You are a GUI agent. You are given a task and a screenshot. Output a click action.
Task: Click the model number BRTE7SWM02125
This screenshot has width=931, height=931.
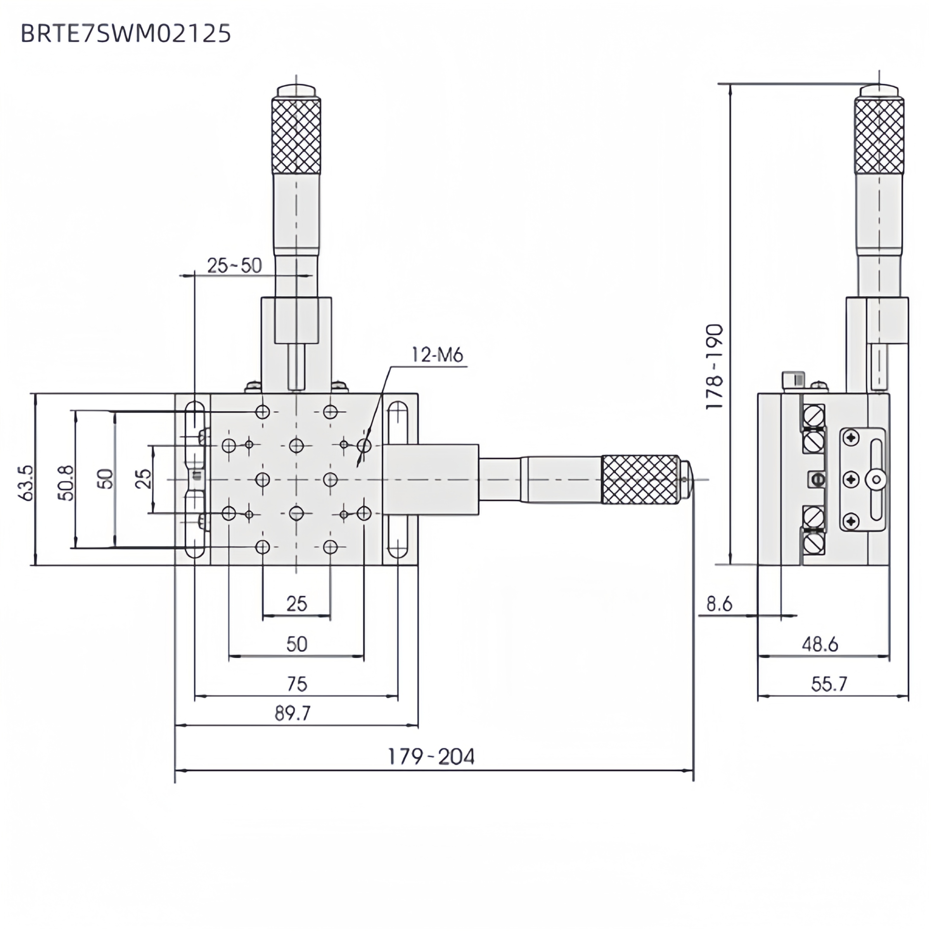click(126, 34)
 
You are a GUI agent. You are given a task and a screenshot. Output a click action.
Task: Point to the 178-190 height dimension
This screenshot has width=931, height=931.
click(714, 367)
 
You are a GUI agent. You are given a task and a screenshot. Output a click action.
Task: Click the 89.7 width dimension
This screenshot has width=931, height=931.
click(292, 713)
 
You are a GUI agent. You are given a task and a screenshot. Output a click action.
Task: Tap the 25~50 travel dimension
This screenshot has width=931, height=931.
click(234, 265)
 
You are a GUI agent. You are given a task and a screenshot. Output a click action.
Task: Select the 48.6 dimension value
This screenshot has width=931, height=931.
click(820, 644)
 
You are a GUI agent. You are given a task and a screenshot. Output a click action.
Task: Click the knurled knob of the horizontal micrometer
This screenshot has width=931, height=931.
click(639, 479)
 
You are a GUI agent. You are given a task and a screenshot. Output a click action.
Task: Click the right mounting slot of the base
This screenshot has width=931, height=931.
click(398, 479)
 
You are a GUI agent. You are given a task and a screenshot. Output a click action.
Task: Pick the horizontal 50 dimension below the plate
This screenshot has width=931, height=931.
click(296, 644)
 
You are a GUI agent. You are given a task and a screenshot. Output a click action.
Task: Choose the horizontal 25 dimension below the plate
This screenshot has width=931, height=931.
click(296, 604)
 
